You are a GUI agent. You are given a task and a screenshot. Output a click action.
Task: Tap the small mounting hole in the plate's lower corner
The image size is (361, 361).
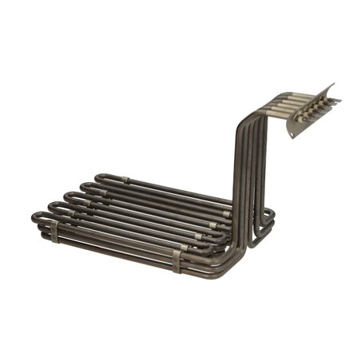click(x=293, y=133)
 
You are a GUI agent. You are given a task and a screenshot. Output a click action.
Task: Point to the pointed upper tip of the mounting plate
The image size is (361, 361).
click(x=333, y=83)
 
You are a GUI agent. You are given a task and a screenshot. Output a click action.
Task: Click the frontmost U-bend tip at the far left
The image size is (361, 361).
click(x=36, y=216)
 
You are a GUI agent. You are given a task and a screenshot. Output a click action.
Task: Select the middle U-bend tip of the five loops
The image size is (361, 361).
click(x=69, y=196)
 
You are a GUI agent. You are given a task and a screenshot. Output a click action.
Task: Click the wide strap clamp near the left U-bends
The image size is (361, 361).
click(x=54, y=232)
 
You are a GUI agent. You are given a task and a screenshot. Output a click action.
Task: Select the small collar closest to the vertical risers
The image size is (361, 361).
click(x=227, y=214)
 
